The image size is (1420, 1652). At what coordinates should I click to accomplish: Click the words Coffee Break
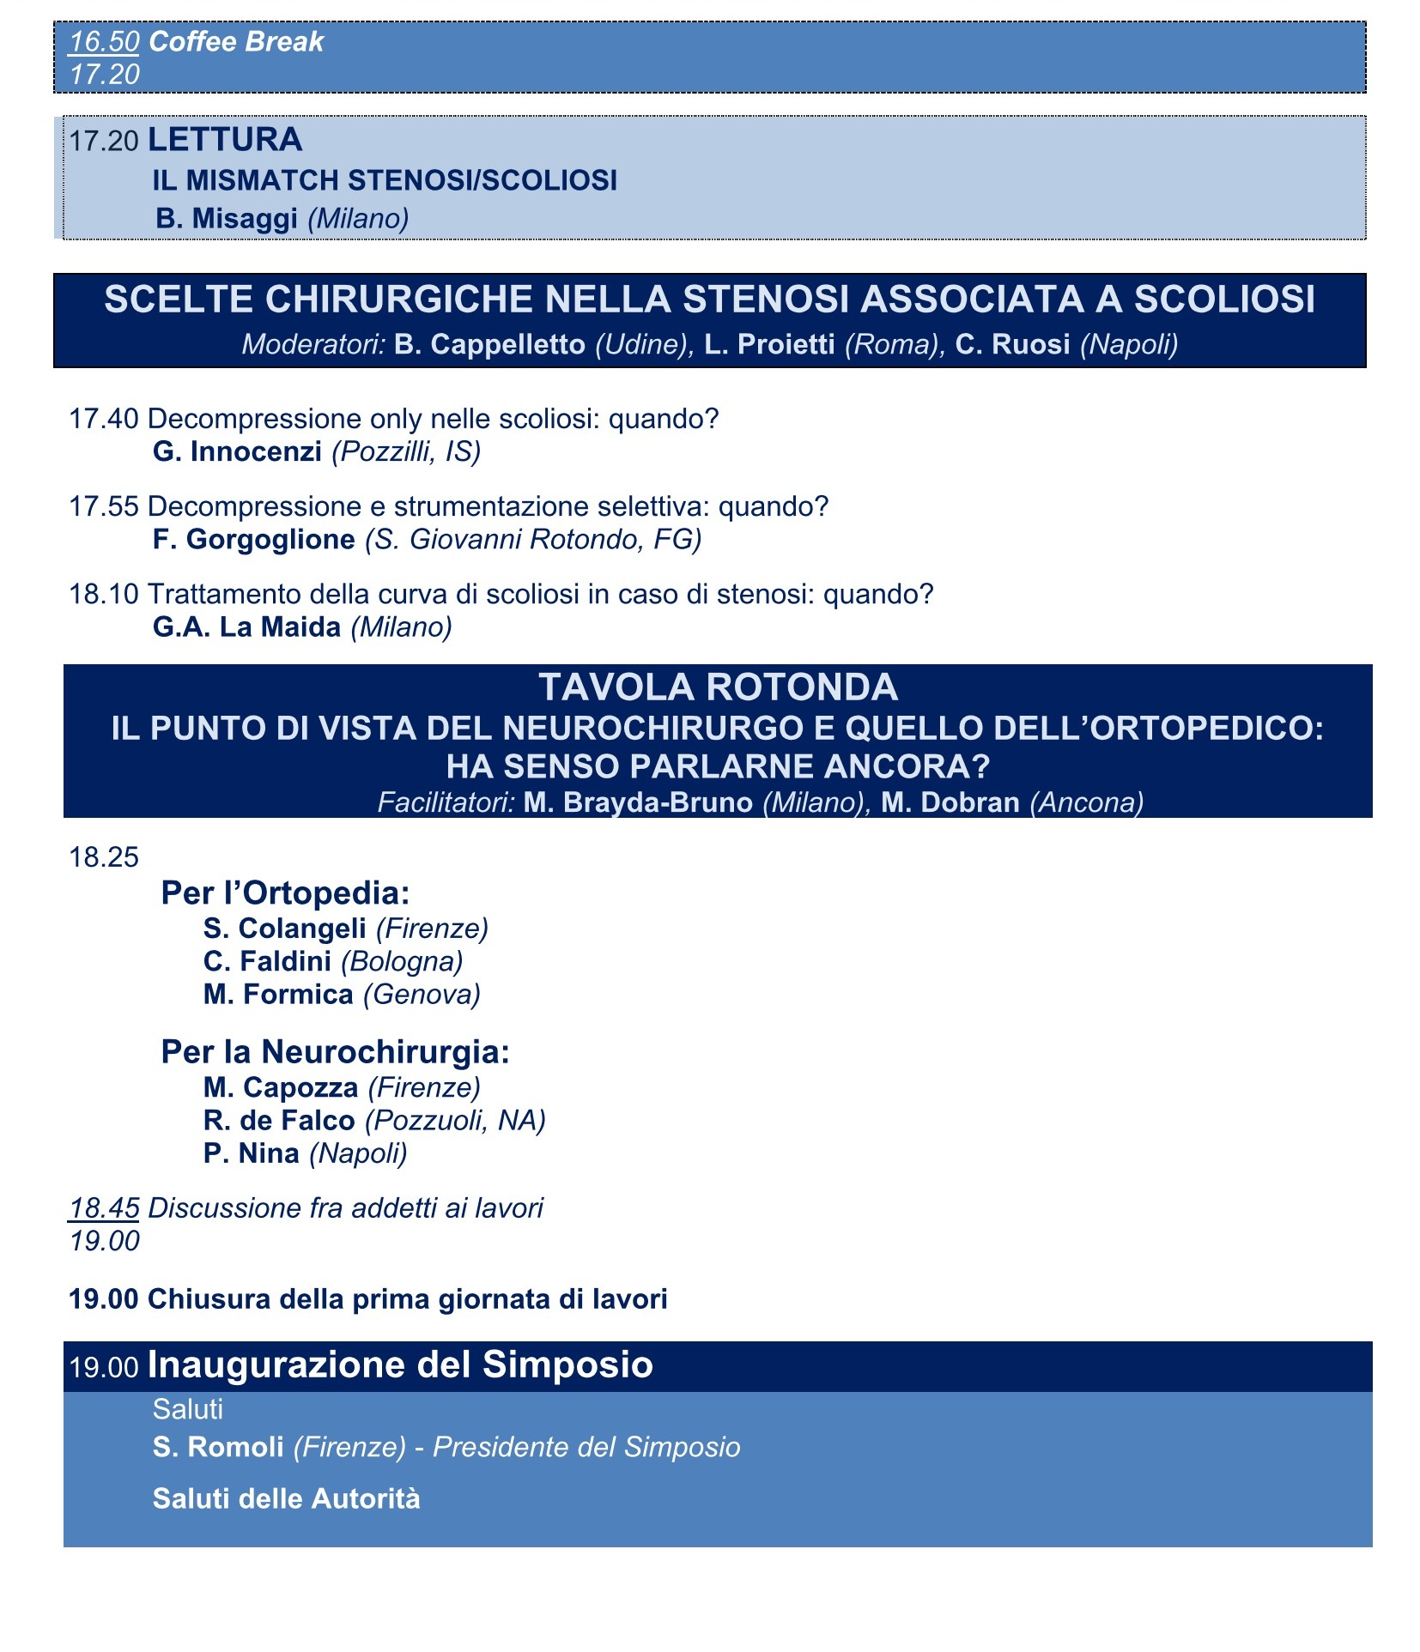tap(236, 41)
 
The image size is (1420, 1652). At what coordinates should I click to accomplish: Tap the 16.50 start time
tap(104, 41)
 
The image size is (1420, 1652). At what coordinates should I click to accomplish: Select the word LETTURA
tap(225, 139)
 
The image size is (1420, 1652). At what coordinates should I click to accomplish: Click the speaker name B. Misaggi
tap(227, 218)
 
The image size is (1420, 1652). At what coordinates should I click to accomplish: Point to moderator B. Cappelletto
tap(489, 344)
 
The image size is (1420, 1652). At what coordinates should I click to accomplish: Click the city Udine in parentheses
tap(640, 344)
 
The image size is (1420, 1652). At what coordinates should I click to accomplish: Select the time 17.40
tap(104, 419)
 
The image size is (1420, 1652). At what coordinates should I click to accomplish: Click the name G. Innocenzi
tap(237, 451)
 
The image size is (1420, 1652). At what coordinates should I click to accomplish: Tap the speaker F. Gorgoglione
tap(253, 539)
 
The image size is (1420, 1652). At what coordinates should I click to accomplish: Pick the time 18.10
tap(104, 594)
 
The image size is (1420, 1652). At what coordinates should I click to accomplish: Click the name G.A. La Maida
tap(246, 627)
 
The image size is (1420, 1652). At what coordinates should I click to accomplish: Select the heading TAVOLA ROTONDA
tap(718, 687)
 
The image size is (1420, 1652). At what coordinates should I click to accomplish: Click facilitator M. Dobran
tap(950, 802)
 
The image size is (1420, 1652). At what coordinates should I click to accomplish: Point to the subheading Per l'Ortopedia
tap(285, 893)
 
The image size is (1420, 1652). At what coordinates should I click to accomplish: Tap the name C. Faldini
tap(267, 961)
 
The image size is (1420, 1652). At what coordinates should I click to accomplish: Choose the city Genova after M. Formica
tap(422, 995)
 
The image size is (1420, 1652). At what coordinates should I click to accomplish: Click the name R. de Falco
tap(279, 1120)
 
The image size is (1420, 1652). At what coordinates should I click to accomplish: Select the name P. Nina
tap(252, 1153)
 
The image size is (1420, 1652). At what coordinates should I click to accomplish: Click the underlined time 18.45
tap(104, 1207)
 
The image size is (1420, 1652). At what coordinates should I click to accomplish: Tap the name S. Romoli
tap(218, 1447)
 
